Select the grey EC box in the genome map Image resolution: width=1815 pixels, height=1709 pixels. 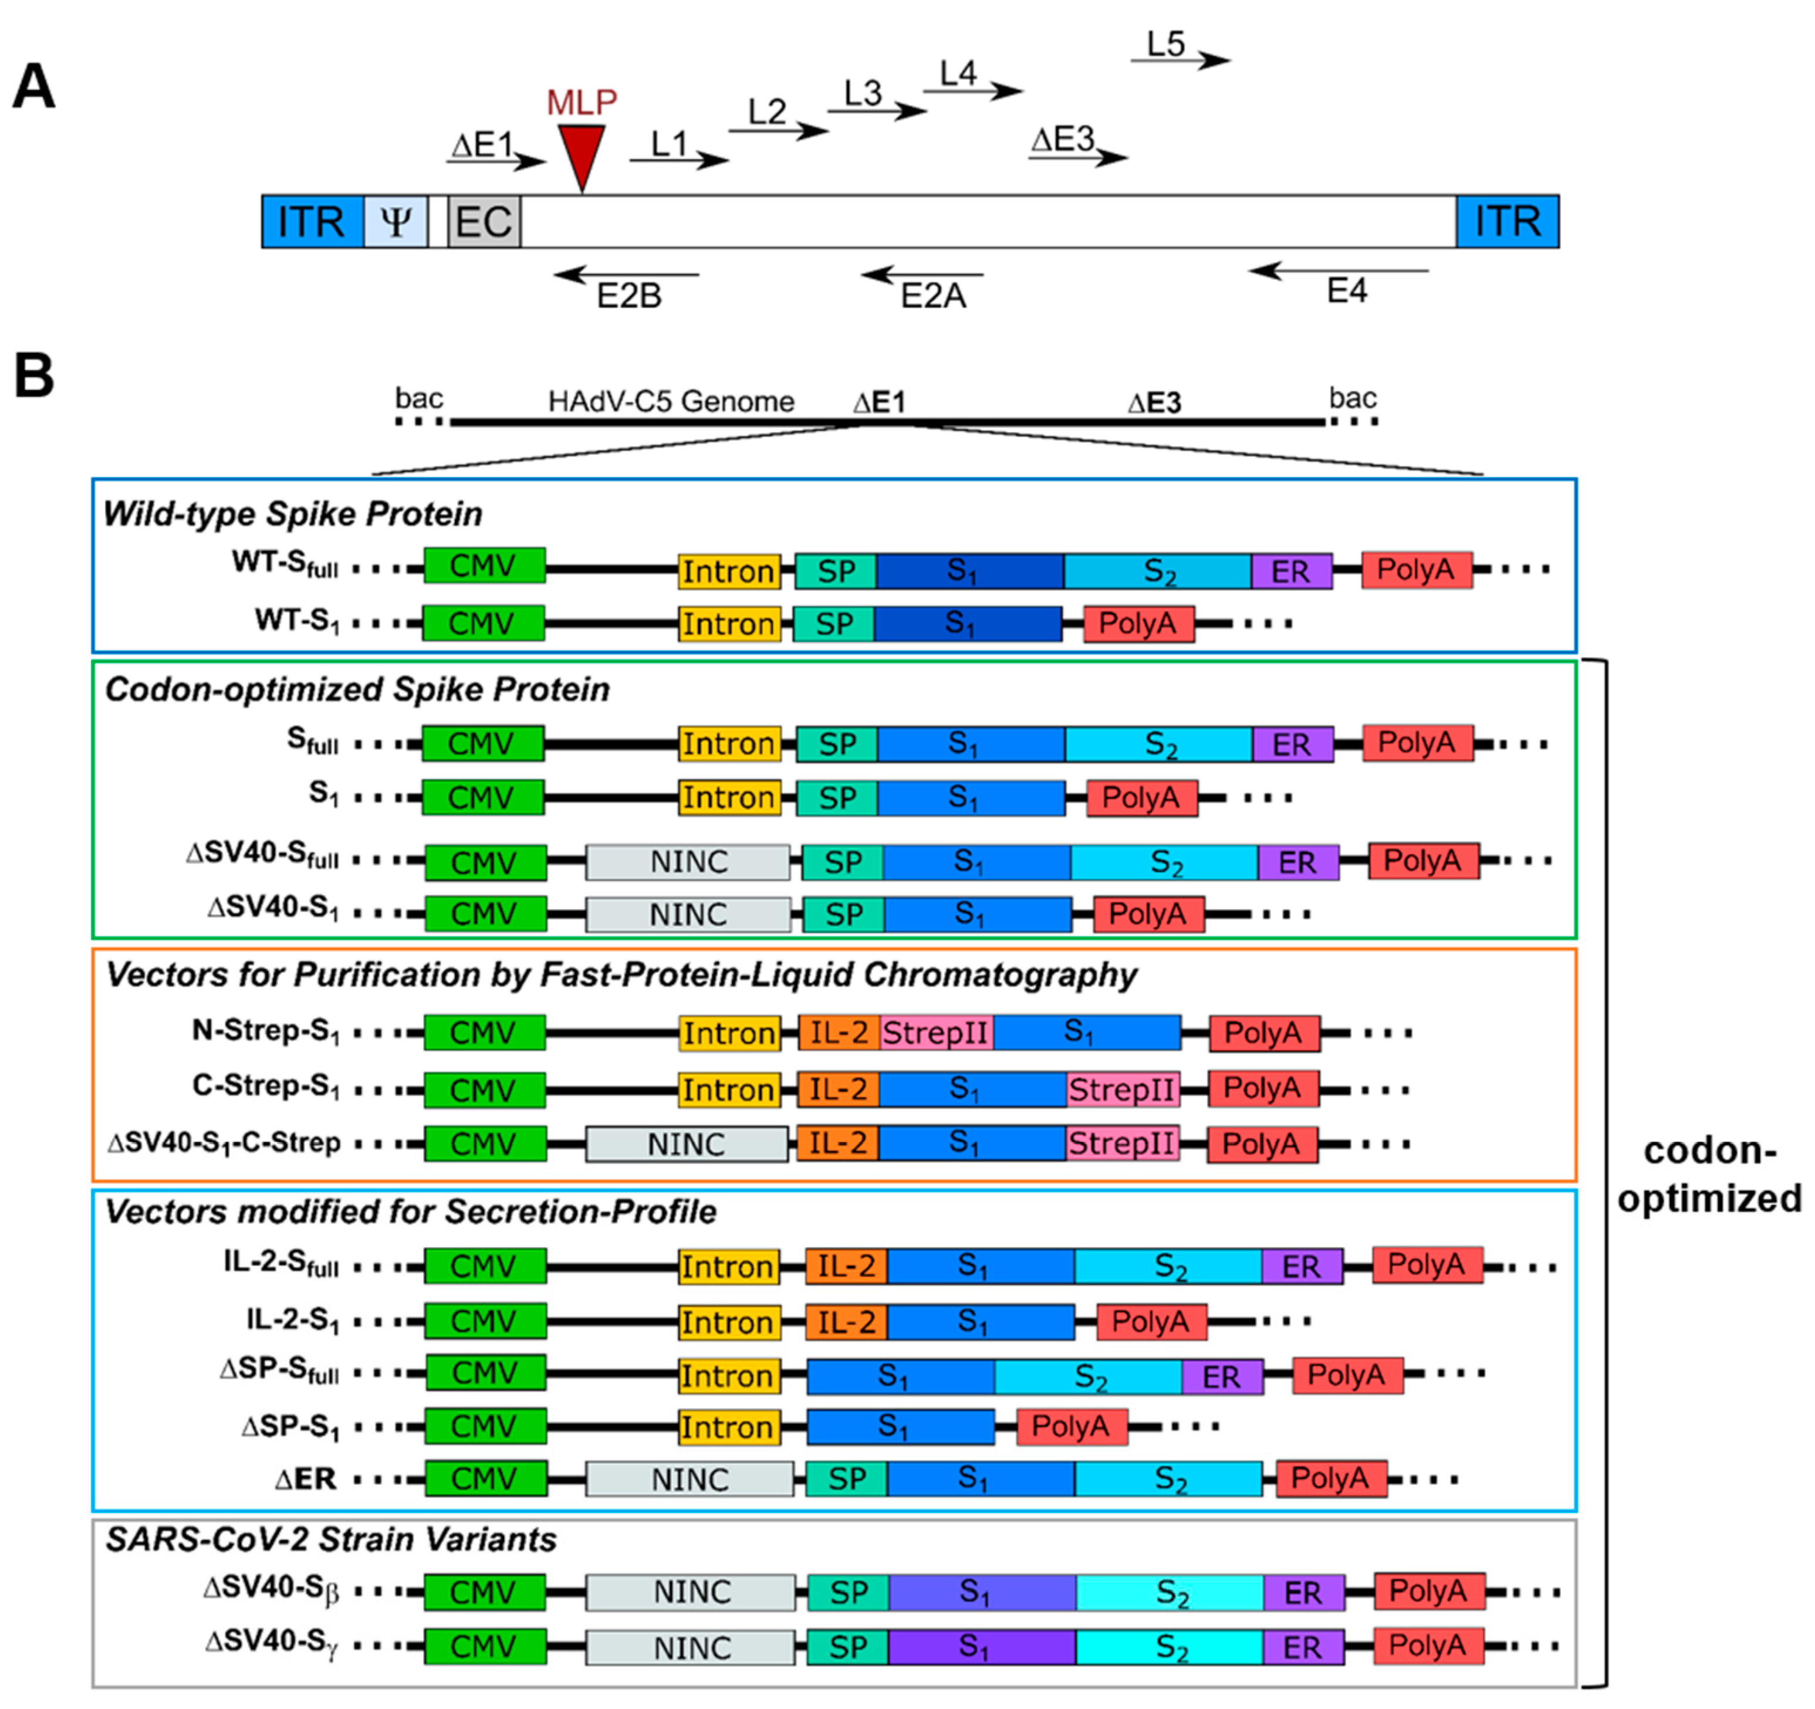pyautogui.click(x=484, y=221)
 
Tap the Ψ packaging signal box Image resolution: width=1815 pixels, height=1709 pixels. pyautogui.click(x=396, y=221)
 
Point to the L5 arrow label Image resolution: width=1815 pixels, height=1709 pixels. pyautogui.click(x=1166, y=44)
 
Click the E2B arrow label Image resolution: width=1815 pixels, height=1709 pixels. pyautogui.click(x=629, y=296)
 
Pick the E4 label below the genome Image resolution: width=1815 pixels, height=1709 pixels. pyautogui.click(x=1347, y=291)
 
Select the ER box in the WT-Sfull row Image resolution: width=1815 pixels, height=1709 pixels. pyautogui.click(x=1291, y=571)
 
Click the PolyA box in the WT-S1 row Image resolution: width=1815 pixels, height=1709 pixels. pyautogui.click(x=1138, y=624)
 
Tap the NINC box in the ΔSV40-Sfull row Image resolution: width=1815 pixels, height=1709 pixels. pyautogui.click(x=688, y=862)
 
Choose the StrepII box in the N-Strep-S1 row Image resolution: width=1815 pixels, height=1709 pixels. pyautogui.click(x=936, y=1033)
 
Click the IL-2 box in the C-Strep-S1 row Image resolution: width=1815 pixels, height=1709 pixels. pyautogui.click(x=838, y=1089)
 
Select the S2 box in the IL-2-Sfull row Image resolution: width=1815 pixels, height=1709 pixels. pyautogui.click(x=1168, y=1266)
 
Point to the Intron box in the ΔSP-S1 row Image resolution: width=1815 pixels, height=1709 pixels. pyautogui.click(x=729, y=1427)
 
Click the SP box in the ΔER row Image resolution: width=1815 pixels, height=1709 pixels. pyautogui.click(x=846, y=1479)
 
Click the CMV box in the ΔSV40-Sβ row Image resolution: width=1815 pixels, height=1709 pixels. pyautogui.click(x=485, y=1592)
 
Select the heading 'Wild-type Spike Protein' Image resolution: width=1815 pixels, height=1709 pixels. pyautogui.click(x=292, y=514)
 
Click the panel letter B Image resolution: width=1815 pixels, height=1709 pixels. pyautogui.click(x=34, y=376)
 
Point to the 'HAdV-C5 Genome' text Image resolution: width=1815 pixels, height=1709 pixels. pyautogui.click(x=671, y=402)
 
